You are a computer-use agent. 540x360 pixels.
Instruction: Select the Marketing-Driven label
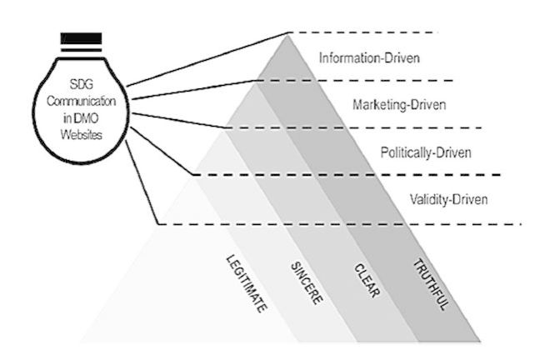[x=398, y=105]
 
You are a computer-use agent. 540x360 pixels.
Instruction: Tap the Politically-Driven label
[x=426, y=152]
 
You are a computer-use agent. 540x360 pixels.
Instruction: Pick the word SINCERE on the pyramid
[x=307, y=282]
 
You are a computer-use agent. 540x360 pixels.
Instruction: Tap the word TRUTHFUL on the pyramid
[x=431, y=283]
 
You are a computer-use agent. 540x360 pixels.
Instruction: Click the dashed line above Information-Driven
[x=367, y=32]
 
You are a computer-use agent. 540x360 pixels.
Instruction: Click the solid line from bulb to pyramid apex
[x=208, y=58]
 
